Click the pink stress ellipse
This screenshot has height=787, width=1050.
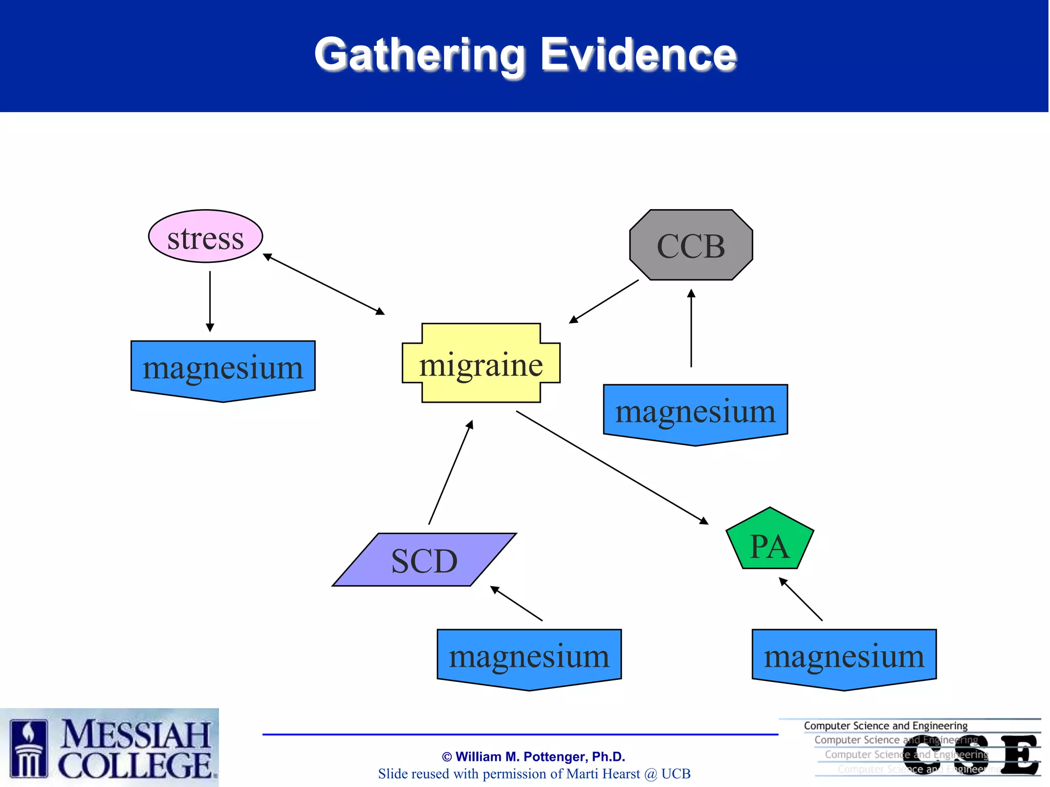point(205,236)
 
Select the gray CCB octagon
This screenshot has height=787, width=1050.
point(691,245)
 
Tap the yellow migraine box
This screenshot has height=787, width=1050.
point(481,363)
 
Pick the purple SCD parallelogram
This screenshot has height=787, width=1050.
point(424,560)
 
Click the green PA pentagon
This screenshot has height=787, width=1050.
point(770,542)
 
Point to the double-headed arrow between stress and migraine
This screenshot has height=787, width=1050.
point(324,284)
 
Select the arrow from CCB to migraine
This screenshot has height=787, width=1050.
point(604,301)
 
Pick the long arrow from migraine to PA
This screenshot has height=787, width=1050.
point(612,467)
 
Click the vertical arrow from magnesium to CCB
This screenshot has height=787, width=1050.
point(691,328)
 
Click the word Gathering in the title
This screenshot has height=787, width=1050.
point(420,55)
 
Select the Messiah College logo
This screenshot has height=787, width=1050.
point(109,748)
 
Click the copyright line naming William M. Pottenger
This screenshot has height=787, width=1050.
point(533,757)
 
